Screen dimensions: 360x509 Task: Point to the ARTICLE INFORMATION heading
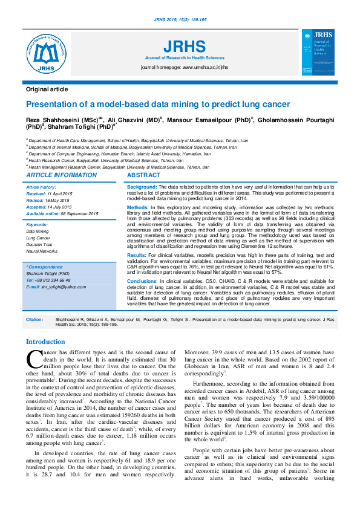pyautogui.click(x=62, y=175)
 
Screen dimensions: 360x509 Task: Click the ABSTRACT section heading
pyautogui.click(x=144, y=175)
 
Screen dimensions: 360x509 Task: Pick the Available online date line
pyautogui.click(x=62, y=213)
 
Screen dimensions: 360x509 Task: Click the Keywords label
pyautogui.click(x=38, y=225)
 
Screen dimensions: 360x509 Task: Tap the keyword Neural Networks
pyautogui.click(x=42, y=251)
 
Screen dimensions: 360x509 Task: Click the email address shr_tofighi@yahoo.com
pyautogui.click(x=68, y=287)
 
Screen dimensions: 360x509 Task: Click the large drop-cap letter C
pyautogui.click(x=34, y=359)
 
